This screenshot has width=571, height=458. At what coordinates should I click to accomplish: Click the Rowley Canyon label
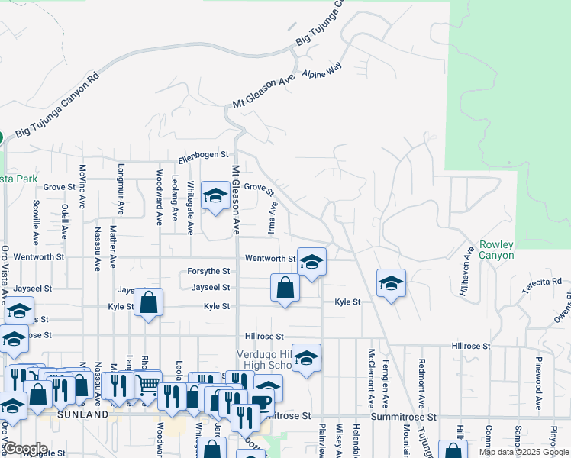(x=496, y=250)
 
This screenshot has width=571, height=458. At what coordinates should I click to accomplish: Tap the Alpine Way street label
(x=321, y=72)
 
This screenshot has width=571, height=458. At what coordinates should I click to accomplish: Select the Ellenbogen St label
(x=203, y=159)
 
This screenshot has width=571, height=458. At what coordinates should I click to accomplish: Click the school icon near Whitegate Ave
(x=215, y=196)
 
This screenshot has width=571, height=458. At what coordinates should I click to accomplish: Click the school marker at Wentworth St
(x=311, y=263)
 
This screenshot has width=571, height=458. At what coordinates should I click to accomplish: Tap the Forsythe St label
(x=209, y=272)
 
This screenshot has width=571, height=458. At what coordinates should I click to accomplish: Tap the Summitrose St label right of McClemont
(x=403, y=418)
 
